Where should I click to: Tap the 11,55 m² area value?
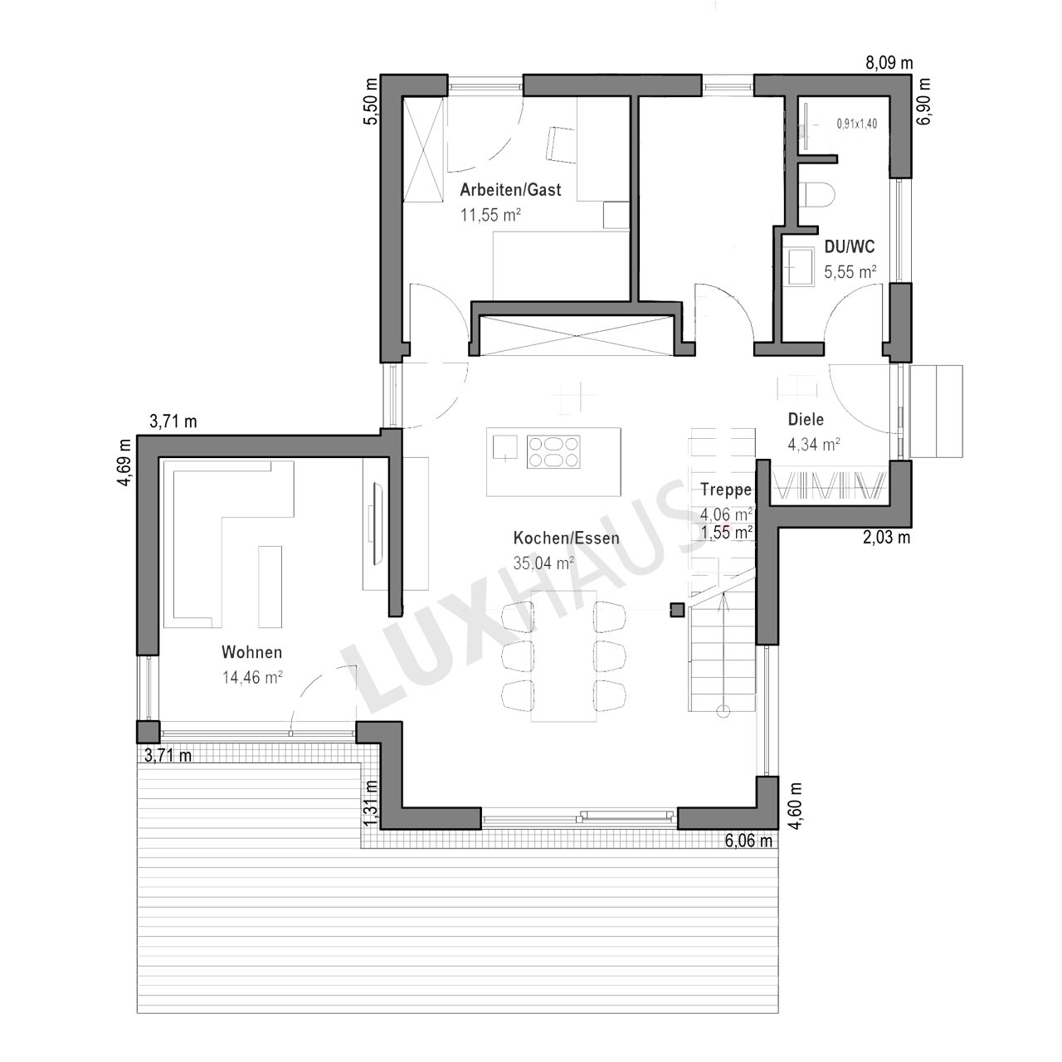[x=490, y=215]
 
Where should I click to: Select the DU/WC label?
[x=850, y=247]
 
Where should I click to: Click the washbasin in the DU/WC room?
[x=800, y=267]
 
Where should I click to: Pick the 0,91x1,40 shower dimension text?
[x=856, y=124]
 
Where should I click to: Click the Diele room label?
[x=806, y=419]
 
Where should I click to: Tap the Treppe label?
[x=726, y=490]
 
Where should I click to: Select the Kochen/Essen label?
[x=566, y=538]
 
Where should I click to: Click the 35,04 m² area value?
[x=543, y=563]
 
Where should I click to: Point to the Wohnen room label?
[x=252, y=652]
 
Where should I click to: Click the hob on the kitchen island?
[x=553, y=452]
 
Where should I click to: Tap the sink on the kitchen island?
[x=504, y=447]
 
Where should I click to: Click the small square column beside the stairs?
[x=677, y=610]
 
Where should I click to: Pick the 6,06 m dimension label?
[x=748, y=841]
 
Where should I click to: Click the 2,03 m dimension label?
[x=886, y=538]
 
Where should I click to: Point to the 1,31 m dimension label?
[x=372, y=803]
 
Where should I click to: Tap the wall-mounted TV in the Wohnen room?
[x=376, y=523]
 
